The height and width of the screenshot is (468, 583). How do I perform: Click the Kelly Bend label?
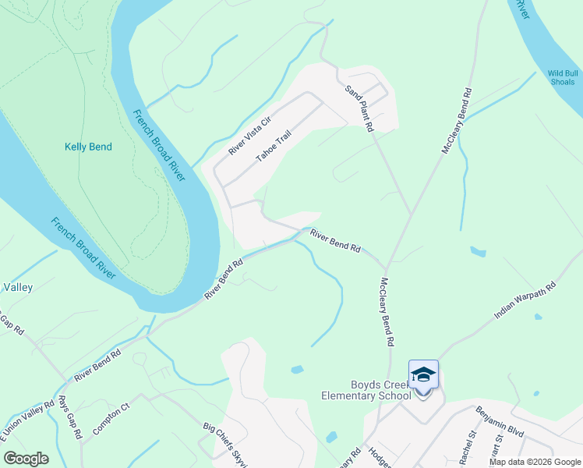coord(88,147)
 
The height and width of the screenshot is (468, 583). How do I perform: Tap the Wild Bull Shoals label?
coord(562,77)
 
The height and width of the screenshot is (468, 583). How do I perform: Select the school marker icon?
coord(423,376)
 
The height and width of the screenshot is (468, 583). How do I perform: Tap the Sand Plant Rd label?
coord(361,107)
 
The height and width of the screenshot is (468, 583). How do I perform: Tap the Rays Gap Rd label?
coord(70,417)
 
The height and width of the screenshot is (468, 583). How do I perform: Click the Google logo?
coord(26,459)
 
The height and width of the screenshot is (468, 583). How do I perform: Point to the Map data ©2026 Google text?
coord(534,462)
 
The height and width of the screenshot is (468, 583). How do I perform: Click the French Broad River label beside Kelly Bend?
coord(159,145)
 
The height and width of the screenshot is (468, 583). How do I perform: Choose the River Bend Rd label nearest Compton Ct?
coord(97,365)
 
